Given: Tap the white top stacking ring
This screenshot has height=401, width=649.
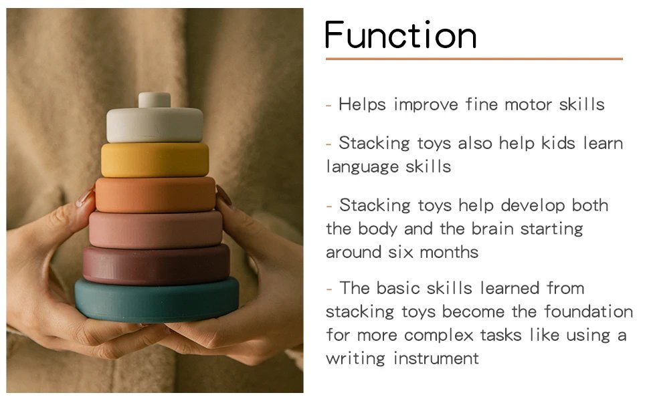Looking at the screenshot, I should (155, 125).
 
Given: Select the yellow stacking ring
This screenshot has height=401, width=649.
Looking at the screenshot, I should (155, 160).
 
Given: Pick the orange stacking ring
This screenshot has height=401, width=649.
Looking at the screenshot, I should (155, 194).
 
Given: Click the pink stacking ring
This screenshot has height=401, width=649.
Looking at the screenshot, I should (155, 229).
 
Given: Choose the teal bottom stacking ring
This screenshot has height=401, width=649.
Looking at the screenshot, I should (157, 300).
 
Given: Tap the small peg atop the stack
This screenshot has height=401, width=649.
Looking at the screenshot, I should (155, 100).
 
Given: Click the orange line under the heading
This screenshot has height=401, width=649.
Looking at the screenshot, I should (474, 59).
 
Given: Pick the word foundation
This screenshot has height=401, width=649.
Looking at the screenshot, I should (588, 311).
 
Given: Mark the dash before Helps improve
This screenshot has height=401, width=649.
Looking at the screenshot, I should (329, 105).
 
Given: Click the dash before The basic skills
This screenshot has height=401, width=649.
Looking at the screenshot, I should (329, 289).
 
